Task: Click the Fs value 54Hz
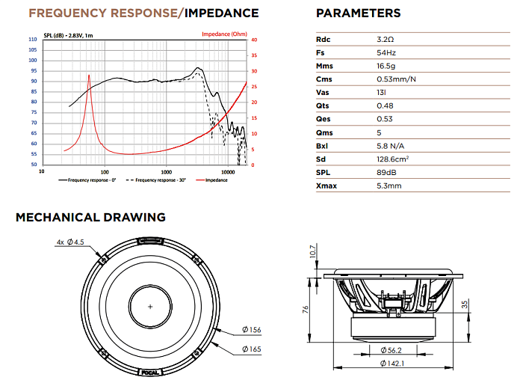click(x=386, y=53)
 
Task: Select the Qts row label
click(x=323, y=105)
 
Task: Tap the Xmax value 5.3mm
click(x=389, y=186)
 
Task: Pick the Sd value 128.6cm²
click(x=392, y=159)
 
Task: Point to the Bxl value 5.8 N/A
click(x=390, y=146)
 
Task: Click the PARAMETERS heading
click(x=358, y=13)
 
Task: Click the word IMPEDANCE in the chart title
click(x=221, y=13)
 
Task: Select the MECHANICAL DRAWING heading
click(x=90, y=218)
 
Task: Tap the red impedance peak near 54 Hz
click(x=89, y=76)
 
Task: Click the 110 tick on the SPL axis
click(x=33, y=40)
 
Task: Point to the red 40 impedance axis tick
click(x=254, y=40)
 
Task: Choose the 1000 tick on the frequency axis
click(x=166, y=172)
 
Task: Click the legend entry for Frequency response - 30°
click(x=155, y=180)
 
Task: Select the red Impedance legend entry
click(x=211, y=180)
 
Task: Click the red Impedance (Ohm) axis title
click(x=224, y=34)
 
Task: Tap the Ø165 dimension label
click(x=252, y=349)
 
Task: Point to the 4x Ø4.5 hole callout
click(x=70, y=242)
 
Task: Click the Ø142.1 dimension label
click(x=392, y=364)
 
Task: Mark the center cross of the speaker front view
click(x=150, y=307)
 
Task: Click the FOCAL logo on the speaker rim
click(x=150, y=373)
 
